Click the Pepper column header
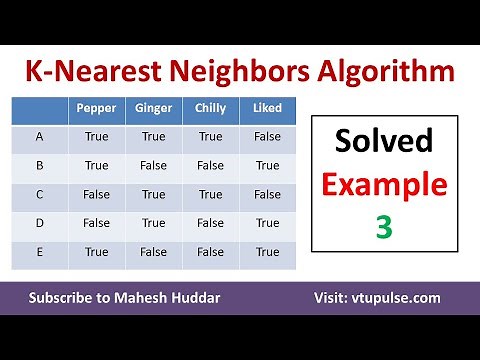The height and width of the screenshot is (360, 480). [x=97, y=108]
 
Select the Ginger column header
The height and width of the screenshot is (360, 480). [x=154, y=108]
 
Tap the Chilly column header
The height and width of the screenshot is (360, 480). [x=210, y=108]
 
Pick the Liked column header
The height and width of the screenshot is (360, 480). [x=267, y=108]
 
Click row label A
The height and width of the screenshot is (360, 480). [x=39, y=137]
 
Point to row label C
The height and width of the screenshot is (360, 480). [x=39, y=195]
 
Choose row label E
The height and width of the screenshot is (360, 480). [x=39, y=253]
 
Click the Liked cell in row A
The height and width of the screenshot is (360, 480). [x=267, y=137]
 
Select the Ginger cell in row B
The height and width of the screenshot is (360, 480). [x=154, y=166]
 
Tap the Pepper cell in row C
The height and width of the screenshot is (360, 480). [x=97, y=195]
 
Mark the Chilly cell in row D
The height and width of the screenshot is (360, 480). [x=210, y=224]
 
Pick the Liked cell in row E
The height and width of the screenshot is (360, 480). [x=267, y=253]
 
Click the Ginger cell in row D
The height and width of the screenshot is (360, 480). [x=154, y=224]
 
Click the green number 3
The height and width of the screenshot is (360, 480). [x=384, y=229]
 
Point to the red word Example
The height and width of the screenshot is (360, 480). [x=384, y=187]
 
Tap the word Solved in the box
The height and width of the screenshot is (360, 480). [x=384, y=146]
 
